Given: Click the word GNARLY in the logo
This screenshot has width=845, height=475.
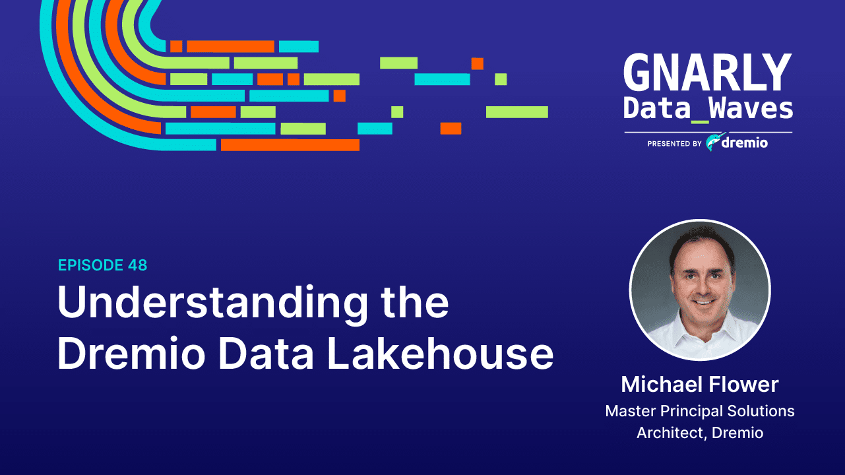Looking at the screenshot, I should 707,73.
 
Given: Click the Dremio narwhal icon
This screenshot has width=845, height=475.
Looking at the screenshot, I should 715,142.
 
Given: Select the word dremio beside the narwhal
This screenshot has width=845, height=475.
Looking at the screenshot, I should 745,142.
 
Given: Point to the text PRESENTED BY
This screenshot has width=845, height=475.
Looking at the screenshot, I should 674,143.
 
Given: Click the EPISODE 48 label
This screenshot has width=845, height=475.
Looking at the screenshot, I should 102,265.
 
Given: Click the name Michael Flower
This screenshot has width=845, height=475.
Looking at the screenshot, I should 699,385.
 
